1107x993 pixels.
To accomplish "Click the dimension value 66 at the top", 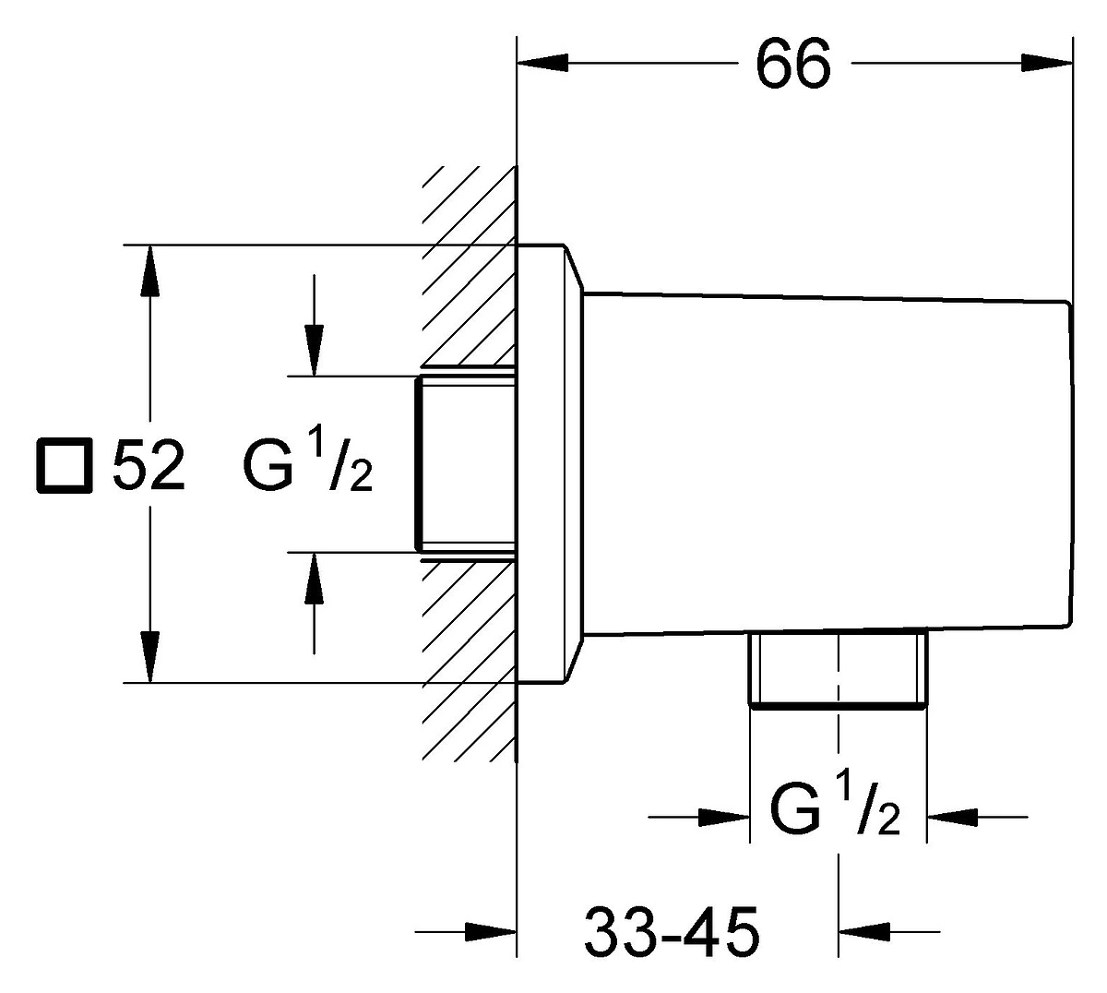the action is (x=792, y=64).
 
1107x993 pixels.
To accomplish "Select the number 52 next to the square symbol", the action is (x=149, y=466).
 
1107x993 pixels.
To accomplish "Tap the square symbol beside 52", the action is (x=64, y=466).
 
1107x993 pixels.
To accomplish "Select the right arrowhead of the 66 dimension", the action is (x=1047, y=63).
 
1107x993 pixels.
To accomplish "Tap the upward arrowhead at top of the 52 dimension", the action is (x=149, y=270).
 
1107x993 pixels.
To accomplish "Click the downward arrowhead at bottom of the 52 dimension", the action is (x=149, y=657).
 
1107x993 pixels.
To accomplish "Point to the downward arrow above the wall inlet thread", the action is (x=314, y=326).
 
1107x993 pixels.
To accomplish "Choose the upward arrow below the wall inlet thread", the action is (x=314, y=604).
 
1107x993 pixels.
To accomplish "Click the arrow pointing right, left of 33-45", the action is (x=466, y=931).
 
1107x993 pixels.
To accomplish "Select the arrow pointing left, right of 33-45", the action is (x=889, y=931).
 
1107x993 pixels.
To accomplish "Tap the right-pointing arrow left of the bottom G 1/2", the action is (x=699, y=818).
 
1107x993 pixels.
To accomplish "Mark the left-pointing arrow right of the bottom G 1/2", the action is (x=978, y=818).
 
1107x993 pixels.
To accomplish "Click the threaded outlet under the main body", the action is (x=839, y=670).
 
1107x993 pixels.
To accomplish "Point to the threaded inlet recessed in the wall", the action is (x=466, y=463).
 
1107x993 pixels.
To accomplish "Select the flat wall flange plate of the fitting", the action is (x=548, y=463).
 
